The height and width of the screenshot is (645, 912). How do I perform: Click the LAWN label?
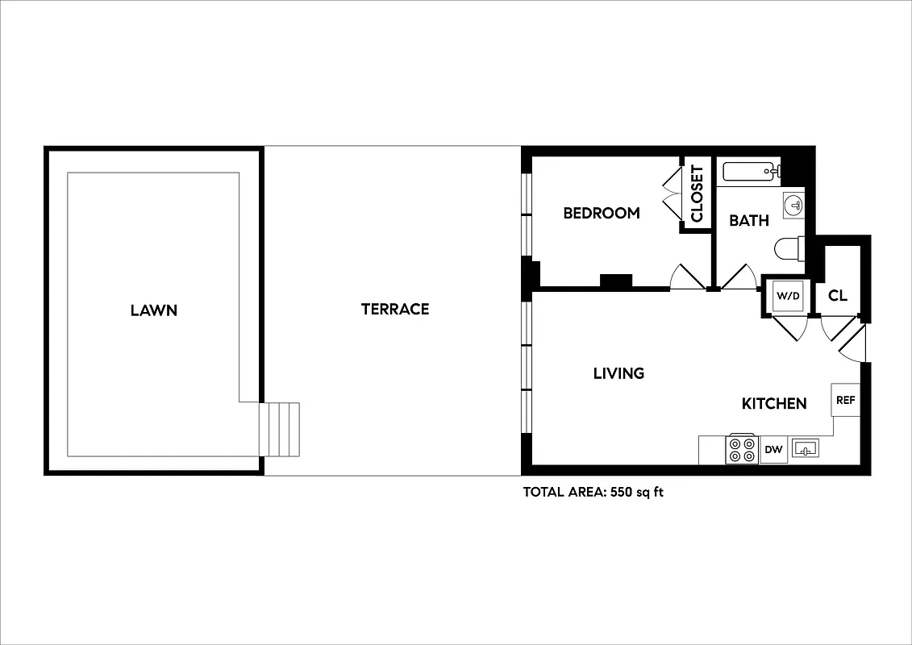pos(153,310)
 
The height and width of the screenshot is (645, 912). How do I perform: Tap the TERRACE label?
pos(394,309)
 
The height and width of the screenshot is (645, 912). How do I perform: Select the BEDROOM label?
pos(601,213)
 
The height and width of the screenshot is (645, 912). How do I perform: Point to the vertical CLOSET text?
pos(697,194)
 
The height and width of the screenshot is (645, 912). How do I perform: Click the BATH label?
pos(748,220)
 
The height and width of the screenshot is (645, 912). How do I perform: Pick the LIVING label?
pos(618,373)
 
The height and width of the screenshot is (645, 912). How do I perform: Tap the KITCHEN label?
pos(774,403)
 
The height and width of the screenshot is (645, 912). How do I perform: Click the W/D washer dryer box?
pos(788,296)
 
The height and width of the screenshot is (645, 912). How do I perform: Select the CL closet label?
pos(838,296)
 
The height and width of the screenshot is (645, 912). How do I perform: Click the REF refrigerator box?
pos(845,400)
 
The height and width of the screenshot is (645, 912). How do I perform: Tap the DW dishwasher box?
pos(773,450)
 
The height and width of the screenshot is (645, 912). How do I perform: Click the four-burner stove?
pos(742,450)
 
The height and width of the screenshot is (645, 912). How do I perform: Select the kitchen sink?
pos(805,448)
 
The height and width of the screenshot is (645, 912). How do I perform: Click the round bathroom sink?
pos(794,205)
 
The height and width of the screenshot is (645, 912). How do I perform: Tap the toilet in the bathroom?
pos(789,247)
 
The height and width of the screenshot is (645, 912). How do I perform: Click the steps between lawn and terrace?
pos(280,429)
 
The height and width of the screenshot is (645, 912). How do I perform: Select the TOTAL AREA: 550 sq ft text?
pos(593,492)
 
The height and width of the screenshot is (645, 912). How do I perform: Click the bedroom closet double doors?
pos(672,194)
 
